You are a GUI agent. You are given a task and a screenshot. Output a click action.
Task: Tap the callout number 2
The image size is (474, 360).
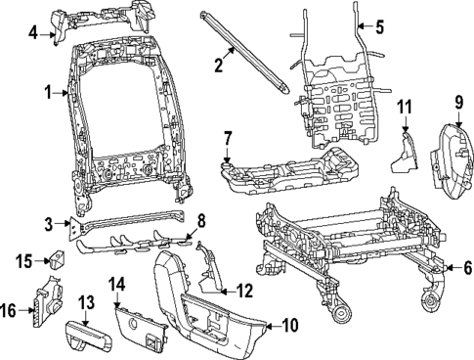point(220,65)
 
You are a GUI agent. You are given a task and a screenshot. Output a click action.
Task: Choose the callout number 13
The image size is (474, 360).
point(85,302)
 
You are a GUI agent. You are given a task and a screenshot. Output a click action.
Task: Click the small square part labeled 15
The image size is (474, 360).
point(57,259)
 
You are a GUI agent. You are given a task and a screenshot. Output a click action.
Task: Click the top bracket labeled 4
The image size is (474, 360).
point(98,22)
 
